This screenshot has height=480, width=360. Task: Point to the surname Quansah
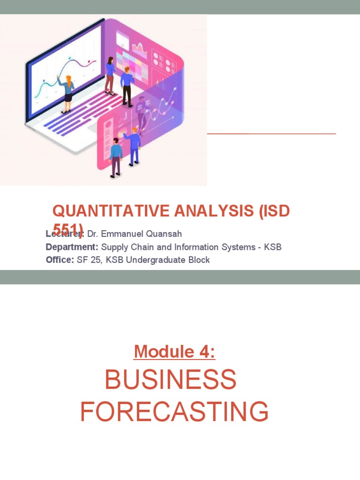165,234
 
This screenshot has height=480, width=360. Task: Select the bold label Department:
72,247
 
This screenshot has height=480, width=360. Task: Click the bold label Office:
60,260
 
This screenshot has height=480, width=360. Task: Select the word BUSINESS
171,379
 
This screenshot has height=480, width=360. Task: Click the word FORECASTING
174,412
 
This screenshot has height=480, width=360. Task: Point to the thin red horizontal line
271,134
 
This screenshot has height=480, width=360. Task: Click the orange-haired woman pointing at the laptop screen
67,94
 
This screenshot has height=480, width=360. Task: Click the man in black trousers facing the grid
127,87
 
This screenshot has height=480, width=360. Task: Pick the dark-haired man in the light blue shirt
115,157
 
